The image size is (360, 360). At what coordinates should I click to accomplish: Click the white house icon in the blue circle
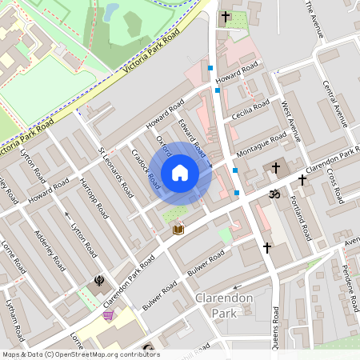click(x=180, y=173)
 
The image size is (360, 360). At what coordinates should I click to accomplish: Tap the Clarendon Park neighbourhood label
click(x=224, y=305)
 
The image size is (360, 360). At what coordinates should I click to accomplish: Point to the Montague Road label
click(x=261, y=146)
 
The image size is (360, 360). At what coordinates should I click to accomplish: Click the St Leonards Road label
click(x=115, y=172)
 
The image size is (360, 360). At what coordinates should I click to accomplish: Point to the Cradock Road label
click(x=141, y=164)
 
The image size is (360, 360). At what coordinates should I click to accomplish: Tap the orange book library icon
click(x=178, y=230)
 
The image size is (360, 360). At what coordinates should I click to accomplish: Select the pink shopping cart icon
click(x=108, y=316)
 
